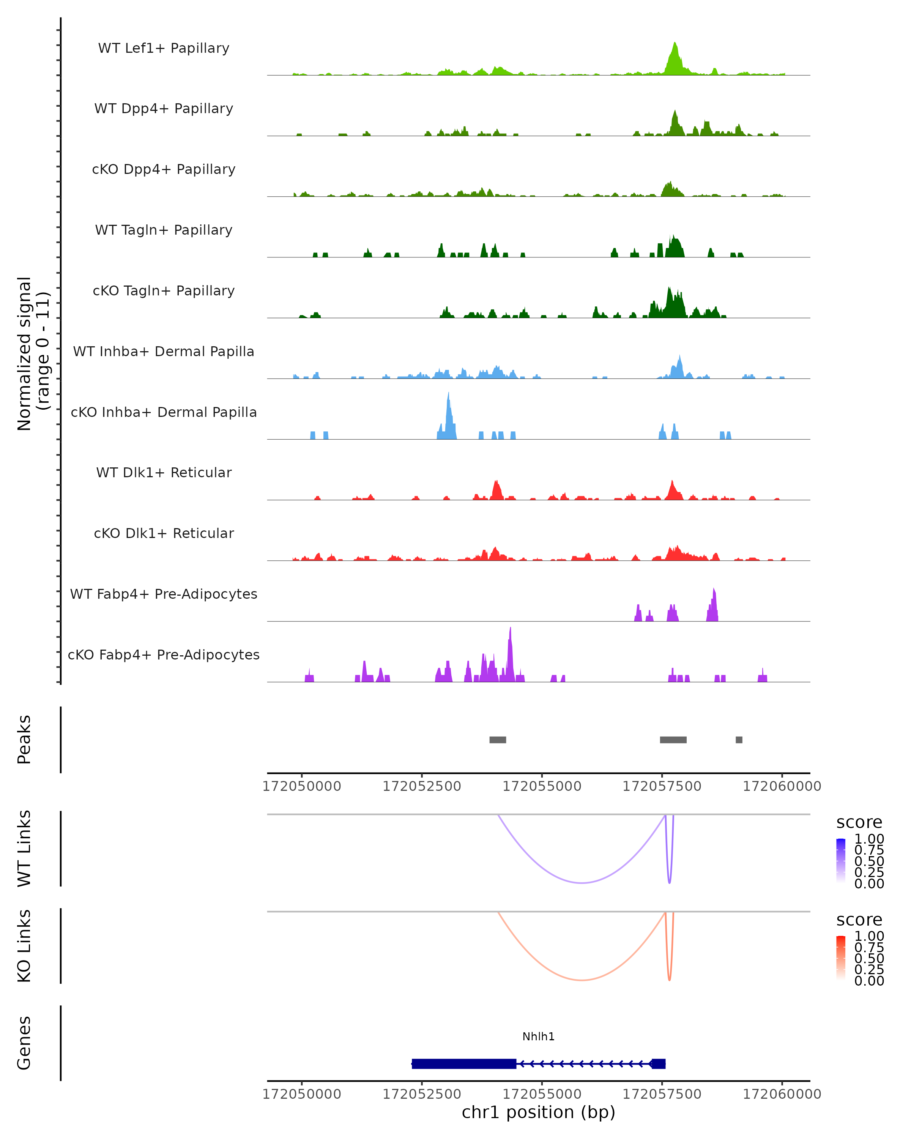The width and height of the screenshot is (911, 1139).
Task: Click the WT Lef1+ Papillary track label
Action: click(164, 48)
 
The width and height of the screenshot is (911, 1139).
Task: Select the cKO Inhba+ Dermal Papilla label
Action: click(164, 412)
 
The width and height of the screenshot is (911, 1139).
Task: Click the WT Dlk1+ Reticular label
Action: click(164, 472)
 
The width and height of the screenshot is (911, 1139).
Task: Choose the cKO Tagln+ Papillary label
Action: click(164, 290)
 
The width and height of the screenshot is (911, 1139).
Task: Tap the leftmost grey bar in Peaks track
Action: click(498, 740)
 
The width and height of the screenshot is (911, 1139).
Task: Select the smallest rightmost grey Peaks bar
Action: click(739, 740)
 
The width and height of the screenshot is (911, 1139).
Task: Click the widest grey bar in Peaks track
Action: click(673, 740)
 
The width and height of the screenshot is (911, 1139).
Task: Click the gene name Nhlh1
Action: click(538, 1036)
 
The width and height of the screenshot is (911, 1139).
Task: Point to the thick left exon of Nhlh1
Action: click(464, 1063)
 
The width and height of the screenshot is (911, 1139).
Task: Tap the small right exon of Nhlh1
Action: click(659, 1063)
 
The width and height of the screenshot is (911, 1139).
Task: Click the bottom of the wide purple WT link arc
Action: click(582, 883)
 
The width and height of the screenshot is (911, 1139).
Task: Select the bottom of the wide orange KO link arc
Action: click(582, 980)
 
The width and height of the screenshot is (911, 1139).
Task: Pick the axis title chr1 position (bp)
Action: click(538, 1112)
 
